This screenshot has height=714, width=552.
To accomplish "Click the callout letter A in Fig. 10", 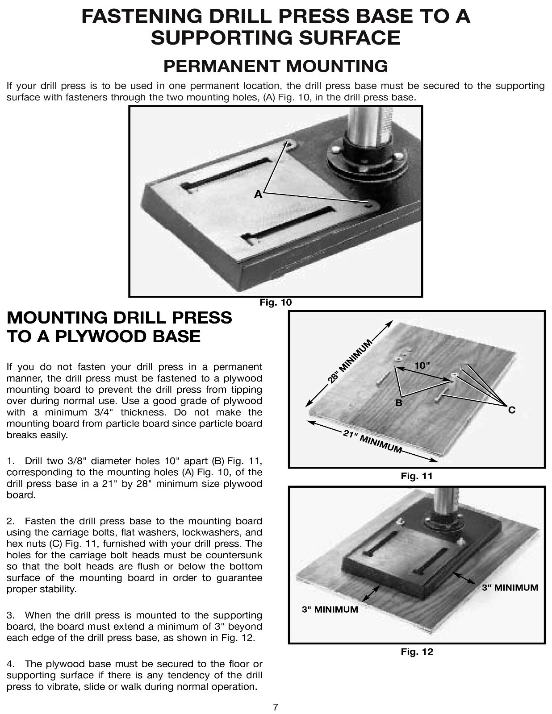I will pos(258,195).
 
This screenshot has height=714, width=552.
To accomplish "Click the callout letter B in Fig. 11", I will pos(399,403).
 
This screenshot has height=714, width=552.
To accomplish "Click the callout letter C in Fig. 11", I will pos(512,410).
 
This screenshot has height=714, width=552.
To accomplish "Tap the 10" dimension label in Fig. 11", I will pos(422,365).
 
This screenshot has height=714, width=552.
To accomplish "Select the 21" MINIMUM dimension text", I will pos(372,441).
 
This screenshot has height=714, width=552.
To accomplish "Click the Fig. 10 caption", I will pos(276,303).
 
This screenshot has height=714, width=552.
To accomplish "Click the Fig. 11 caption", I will pos(416,476).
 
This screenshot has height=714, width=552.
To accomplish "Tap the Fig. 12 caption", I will pos(416,652).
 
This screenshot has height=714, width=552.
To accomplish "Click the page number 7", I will pos(276,707).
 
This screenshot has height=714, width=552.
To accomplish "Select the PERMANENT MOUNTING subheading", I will pos(276,66).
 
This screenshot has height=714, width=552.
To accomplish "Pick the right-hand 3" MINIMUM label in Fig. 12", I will pos(510,588).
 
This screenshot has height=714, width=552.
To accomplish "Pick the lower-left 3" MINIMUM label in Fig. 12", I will pos(330,610).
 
